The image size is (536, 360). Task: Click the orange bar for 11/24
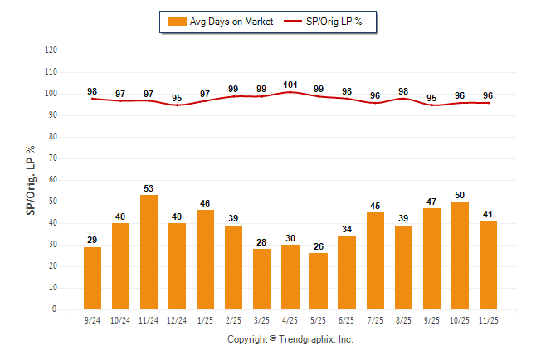pos(149,252)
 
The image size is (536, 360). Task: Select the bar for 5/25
pos(319,281)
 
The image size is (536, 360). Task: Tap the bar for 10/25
pos(460,255)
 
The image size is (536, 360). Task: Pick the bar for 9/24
pos(93,278)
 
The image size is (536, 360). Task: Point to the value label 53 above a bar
pos(149,188)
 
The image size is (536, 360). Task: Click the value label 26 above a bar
pos(319,246)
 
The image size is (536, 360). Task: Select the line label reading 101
pos(290,84)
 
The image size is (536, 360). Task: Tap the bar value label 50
pos(460,194)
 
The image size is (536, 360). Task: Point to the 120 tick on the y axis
pos(51,51)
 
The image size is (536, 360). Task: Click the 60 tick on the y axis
pos(53,180)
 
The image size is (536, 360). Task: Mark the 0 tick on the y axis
pos(55,309)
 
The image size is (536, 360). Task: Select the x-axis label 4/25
pos(290,319)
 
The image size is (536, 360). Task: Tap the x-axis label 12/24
pos(178,319)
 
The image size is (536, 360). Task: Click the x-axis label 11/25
pos(488,319)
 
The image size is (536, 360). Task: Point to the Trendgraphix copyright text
pos(290,339)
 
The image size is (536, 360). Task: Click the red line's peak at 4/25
pos(290,92)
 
